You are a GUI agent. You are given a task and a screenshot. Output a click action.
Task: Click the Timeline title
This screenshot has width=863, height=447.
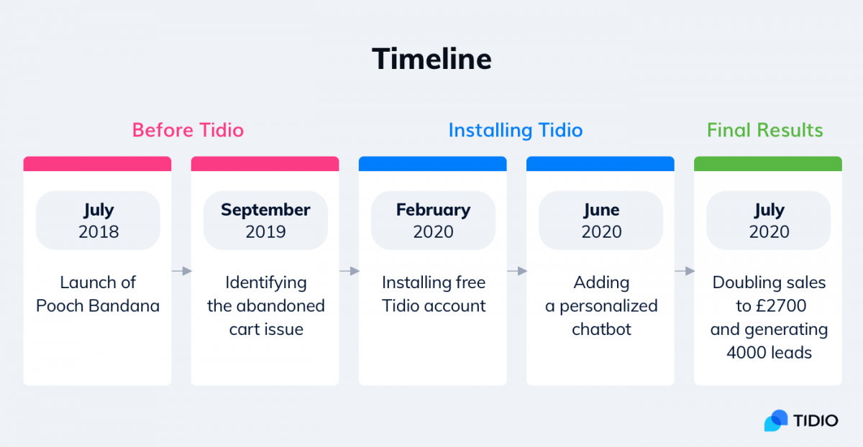coord(431,59)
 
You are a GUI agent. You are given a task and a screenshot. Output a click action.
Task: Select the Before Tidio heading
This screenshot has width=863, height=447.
coord(188,130)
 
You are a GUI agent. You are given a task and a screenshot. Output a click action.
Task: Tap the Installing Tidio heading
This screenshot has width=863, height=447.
coord(516,130)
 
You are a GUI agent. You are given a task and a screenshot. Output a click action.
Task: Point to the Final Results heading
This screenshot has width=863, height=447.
coord(764,130)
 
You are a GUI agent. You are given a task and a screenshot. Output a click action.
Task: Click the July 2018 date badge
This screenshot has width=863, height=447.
coord(98,220)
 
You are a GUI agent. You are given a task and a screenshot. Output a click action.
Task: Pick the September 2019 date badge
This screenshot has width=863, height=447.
coord(265,220)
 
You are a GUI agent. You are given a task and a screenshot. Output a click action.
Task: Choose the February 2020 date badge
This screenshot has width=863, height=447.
coord(433,220)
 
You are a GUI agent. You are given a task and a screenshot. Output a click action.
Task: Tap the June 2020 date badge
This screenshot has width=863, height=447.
coord(601,220)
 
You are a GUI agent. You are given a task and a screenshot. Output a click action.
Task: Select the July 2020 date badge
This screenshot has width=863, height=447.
coord(768,220)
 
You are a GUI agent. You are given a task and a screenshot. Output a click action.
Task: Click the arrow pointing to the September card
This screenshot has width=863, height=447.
coord(181,271)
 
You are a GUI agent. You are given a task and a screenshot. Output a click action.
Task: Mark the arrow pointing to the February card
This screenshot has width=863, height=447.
coord(349,271)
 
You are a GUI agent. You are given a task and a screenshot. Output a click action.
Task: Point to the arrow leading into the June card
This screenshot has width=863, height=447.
coord(516,271)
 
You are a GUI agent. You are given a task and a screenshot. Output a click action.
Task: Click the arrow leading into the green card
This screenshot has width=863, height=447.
coord(685,271)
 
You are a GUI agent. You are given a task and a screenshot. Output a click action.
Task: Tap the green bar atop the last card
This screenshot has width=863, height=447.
coord(768,164)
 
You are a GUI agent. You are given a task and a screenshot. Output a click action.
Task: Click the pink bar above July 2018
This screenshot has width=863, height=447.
coord(97,164)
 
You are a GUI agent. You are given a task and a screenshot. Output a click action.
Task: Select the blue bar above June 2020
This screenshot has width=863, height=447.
coord(601,164)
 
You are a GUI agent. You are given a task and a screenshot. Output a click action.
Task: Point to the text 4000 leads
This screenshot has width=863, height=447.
coord(769,353)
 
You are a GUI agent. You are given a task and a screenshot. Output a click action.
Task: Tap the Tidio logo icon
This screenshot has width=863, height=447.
coord(776,420)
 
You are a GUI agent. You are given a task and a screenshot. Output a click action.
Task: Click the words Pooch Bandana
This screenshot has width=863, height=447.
coord(98,306)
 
